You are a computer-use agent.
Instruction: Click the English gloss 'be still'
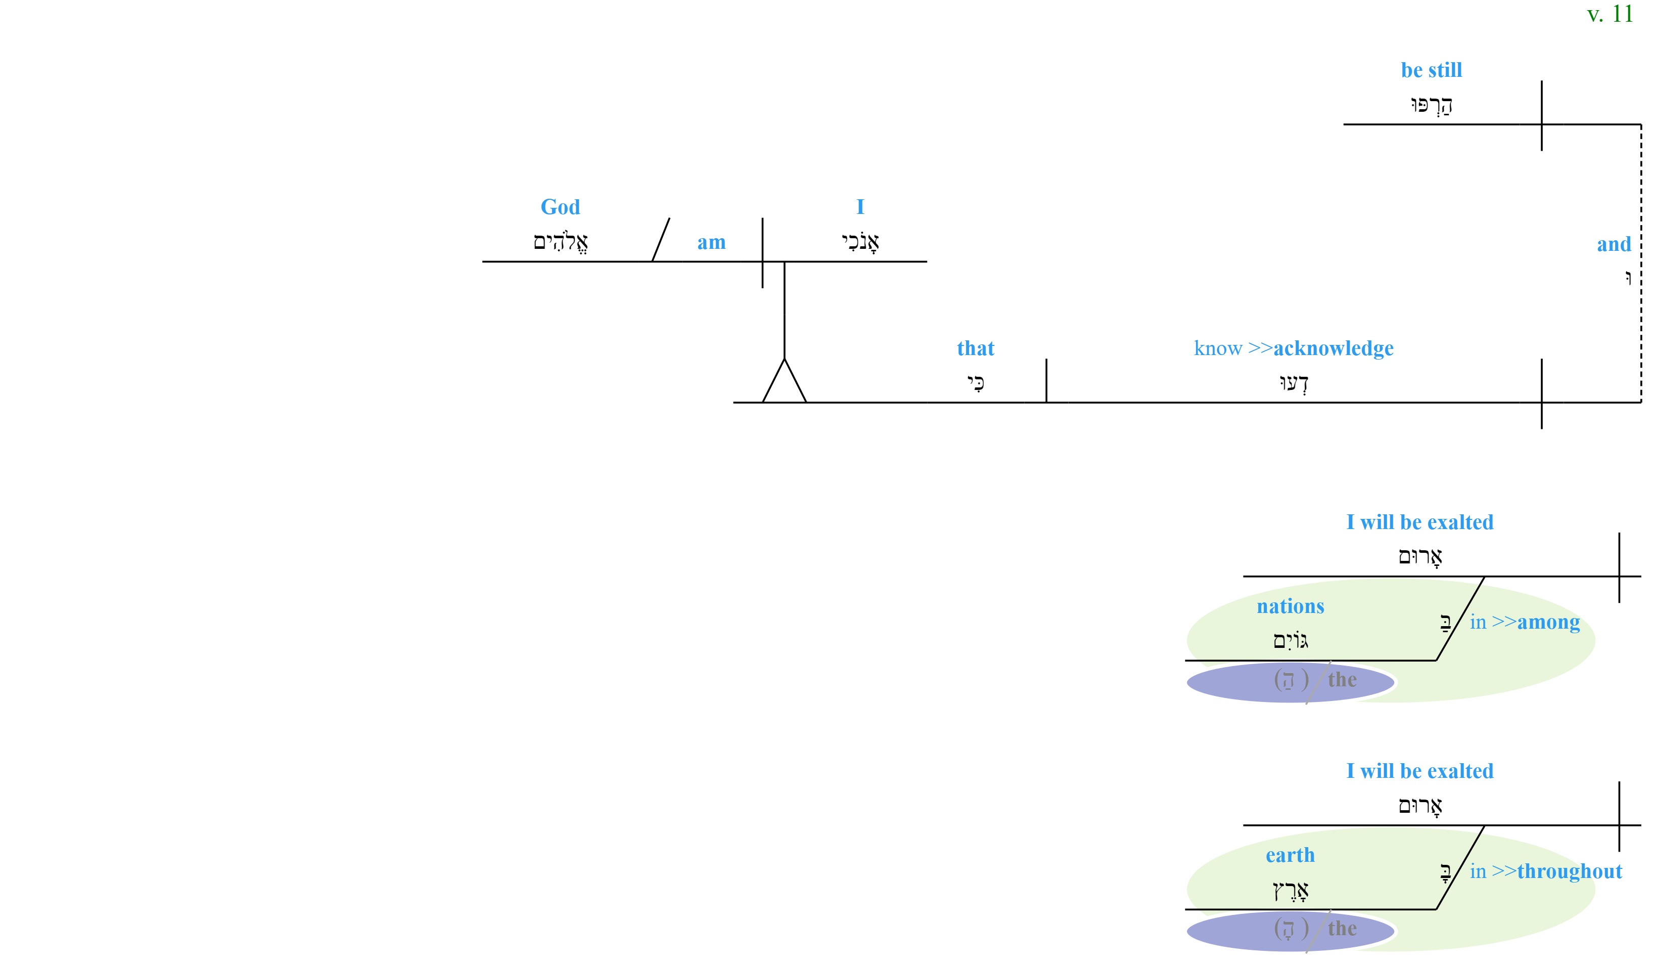(1431, 70)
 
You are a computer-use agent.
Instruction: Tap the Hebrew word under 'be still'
(1431, 105)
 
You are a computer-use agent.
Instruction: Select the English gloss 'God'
(560, 207)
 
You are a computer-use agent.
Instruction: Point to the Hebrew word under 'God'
(560, 242)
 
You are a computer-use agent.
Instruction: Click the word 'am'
(712, 243)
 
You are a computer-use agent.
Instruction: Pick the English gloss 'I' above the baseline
(860, 207)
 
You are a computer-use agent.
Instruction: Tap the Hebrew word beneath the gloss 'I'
(860, 242)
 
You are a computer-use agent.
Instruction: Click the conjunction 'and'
(1614, 244)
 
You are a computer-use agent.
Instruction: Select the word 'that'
(976, 348)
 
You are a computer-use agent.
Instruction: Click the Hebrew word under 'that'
(976, 382)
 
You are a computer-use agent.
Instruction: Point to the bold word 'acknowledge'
(1334, 348)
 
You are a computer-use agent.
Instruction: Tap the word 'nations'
(1290, 606)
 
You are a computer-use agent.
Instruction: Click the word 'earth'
(1290, 855)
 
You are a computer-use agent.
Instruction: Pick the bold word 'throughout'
(1570, 871)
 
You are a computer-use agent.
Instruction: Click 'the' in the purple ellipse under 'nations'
(1342, 680)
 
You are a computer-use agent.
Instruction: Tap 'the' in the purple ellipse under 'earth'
(1342, 929)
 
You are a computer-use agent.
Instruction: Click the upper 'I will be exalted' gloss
(1420, 522)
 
